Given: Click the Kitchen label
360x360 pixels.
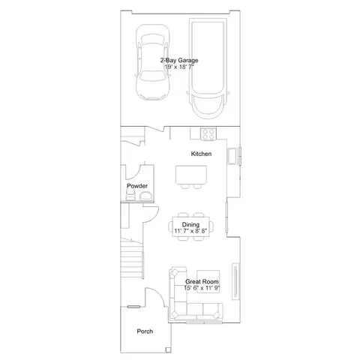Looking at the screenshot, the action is click(201, 154).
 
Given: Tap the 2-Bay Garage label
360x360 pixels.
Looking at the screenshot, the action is click(179, 60).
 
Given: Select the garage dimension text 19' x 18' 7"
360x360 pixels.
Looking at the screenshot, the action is click(179, 67).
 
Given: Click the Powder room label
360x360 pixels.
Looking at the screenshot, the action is click(137, 186).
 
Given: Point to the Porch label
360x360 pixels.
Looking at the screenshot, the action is click(145, 331).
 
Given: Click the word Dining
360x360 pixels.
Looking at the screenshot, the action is click(190, 224).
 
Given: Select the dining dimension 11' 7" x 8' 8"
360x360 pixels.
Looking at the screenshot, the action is click(190, 231).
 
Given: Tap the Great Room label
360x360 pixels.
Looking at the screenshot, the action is click(202, 281).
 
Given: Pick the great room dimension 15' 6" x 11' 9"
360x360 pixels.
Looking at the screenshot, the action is click(202, 288).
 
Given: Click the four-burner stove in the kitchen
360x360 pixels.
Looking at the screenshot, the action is click(208, 133).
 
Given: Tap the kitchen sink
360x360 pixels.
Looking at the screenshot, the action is click(232, 156).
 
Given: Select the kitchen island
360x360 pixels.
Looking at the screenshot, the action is click(191, 175).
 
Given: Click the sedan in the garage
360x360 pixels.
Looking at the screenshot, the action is click(153, 62).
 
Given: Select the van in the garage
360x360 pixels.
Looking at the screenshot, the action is click(207, 68).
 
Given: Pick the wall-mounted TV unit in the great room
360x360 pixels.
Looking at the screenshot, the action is click(235, 281).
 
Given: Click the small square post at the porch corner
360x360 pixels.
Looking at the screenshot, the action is click(169, 349).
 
